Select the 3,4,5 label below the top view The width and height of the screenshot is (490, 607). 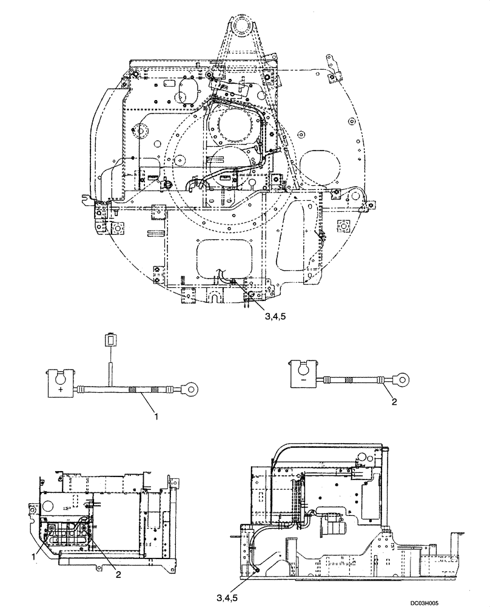pyautogui.click(x=277, y=315)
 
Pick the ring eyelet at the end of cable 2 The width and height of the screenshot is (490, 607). pyautogui.click(x=401, y=381)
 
